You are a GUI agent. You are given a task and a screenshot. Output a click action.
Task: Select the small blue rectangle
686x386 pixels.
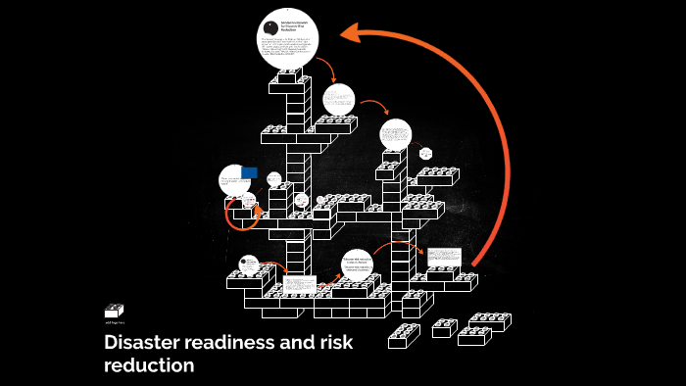pos(249,172)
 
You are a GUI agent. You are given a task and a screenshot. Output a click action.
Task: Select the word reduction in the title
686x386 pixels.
pos(149,366)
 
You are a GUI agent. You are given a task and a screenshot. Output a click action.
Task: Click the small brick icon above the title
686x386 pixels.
pos(115,311)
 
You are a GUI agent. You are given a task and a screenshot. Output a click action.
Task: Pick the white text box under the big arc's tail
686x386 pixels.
pos(443,257)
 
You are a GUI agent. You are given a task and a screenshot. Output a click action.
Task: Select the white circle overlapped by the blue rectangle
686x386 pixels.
pos(235,179)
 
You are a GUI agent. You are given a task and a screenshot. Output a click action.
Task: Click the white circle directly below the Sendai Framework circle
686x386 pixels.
pos(339,98)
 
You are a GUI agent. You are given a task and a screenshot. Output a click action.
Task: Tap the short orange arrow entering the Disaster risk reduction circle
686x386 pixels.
pos(334,278)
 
